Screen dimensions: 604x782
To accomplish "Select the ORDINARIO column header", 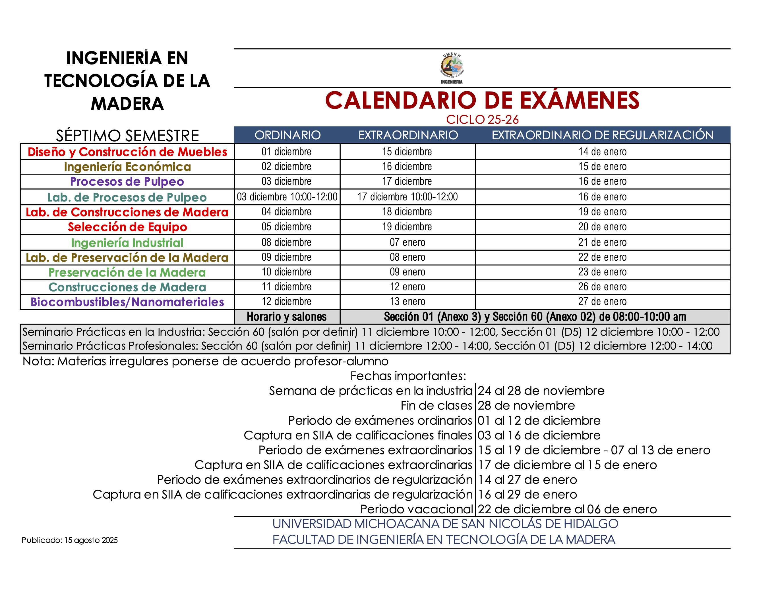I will (287, 135).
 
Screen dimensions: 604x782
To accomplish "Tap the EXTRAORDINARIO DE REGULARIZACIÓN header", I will (602, 135).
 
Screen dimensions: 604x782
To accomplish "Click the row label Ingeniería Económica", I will (127, 167).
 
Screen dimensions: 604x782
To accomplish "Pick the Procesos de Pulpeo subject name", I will (127, 181).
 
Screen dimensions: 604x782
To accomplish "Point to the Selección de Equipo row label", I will (127, 227).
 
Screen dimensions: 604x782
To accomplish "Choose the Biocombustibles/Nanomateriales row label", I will (127, 302).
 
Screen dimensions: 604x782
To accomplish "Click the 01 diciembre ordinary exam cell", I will (286, 152).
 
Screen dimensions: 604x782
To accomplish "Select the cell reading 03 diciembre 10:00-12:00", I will (287, 197).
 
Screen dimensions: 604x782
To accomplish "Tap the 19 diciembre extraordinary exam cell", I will (407, 227).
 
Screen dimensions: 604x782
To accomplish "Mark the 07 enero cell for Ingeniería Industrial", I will (407, 242).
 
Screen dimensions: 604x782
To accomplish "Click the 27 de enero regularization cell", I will (602, 302).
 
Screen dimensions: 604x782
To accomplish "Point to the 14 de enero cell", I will (602, 152).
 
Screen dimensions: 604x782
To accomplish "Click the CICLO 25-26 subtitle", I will (482, 119).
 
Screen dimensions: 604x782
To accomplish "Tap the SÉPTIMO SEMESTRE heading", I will (127, 136).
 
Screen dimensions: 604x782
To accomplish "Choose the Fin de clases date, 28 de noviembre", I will (526, 405).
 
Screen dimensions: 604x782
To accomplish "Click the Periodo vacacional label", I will (416, 509).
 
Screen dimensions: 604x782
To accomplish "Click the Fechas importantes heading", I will (408, 376).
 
